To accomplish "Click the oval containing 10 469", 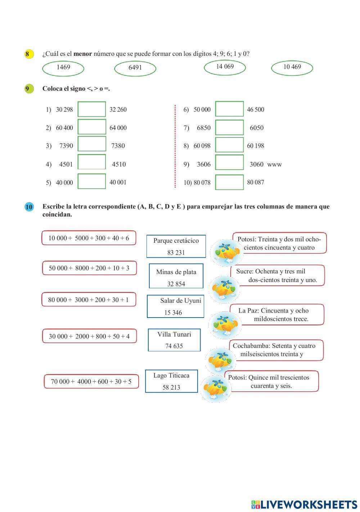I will [x=292, y=67].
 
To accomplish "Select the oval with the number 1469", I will [x=63, y=68].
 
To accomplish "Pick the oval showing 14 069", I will [x=225, y=67].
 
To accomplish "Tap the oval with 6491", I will [x=135, y=68].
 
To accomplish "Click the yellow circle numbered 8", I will [x=28, y=54].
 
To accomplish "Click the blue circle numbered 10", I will [x=29, y=207].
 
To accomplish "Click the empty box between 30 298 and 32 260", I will [x=92, y=109].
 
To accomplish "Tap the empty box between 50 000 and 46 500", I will [x=229, y=109].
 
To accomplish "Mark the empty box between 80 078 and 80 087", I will [x=229, y=183].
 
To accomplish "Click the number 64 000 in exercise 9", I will [x=118, y=128].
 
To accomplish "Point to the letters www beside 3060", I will [x=274, y=165].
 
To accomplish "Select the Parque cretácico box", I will [x=176, y=246].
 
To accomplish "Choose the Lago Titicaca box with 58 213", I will [x=171, y=381].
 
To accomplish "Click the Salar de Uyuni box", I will [x=175, y=306].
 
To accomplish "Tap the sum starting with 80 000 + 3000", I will [x=89, y=300].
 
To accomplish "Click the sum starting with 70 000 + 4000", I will [x=91, y=381].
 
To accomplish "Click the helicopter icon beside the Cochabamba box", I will [x=220, y=360].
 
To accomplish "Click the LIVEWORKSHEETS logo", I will [x=304, y=504].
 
